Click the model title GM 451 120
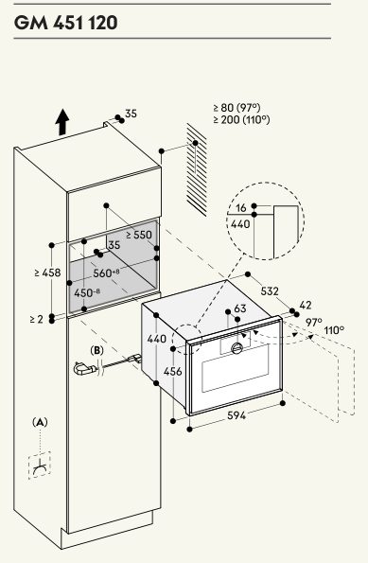(x=66, y=23)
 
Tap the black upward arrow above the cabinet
(x=62, y=122)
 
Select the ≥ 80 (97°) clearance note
(x=237, y=107)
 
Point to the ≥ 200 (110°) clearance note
(x=241, y=119)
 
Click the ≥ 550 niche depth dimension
(x=139, y=235)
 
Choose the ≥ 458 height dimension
(x=48, y=273)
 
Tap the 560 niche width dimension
(x=106, y=273)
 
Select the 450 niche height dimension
(x=87, y=292)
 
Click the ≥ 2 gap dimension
(x=37, y=319)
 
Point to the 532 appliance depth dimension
(x=270, y=290)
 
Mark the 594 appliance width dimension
(x=237, y=415)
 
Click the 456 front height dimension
(x=173, y=371)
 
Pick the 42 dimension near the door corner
(x=306, y=306)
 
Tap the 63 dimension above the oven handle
(x=240, y=308)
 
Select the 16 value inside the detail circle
(x=241, y=207)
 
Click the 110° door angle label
(x=334, y=329)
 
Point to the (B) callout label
(x=96, y=350)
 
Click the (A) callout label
(x=40, y=422)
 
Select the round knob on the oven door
(x=237, y=347)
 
